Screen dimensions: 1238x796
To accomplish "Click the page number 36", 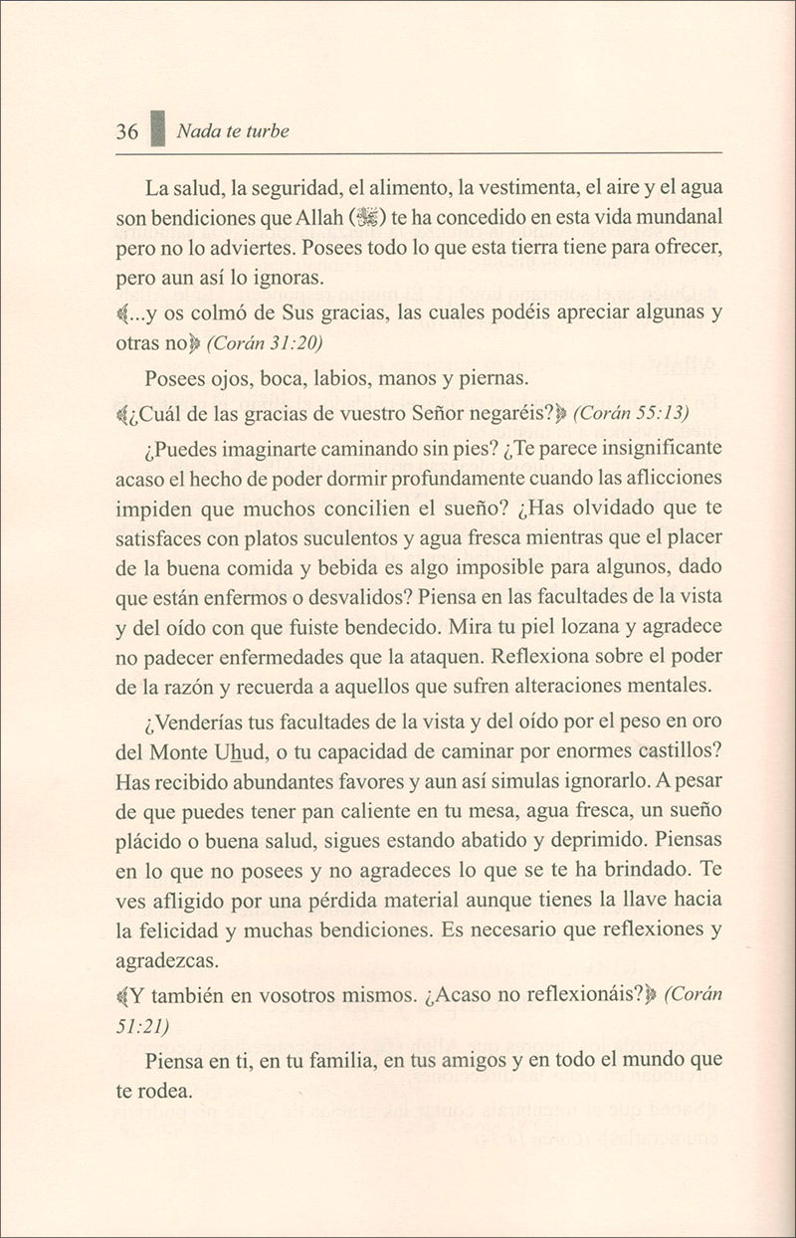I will pyautogui.click(x=126, y=131).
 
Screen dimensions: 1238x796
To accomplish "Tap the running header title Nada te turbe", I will pyautogui.click(x=231, y=131).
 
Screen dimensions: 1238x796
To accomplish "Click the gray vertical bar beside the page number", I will pyautogui.click(x=156, y=129).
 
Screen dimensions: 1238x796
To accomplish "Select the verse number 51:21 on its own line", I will pyautogui.click(x=142, y=1026).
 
